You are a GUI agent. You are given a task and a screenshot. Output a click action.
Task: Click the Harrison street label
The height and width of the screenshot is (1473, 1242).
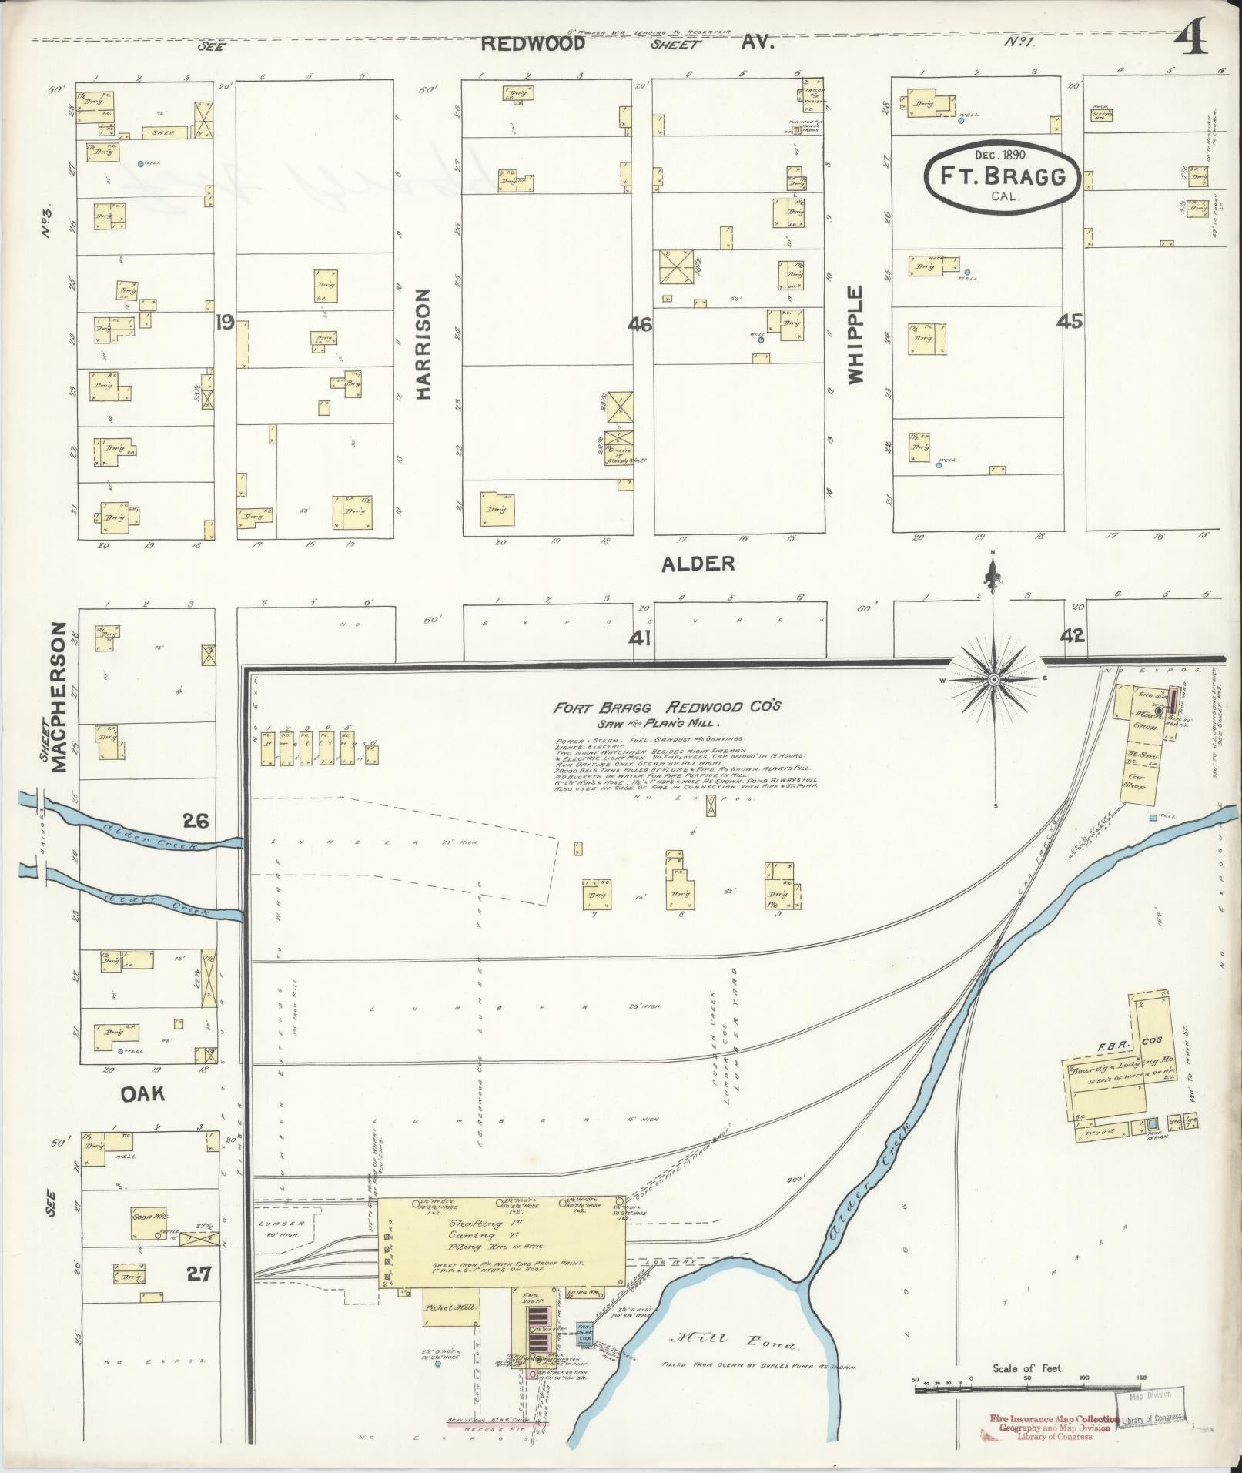click(x=423, y=344)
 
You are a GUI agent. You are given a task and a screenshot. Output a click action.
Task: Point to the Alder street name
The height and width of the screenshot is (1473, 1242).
click(x=698, y=564)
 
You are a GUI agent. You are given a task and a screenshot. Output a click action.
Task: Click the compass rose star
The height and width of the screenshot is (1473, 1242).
click(x=994, y=680)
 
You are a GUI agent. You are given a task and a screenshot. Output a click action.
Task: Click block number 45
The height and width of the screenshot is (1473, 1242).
click(x=1070, y=322)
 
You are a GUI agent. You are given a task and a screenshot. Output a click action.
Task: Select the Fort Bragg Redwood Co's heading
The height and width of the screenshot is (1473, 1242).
click(x=667, y=708)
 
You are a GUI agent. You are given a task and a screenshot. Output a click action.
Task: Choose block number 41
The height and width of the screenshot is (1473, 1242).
click(x=640, y=637)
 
